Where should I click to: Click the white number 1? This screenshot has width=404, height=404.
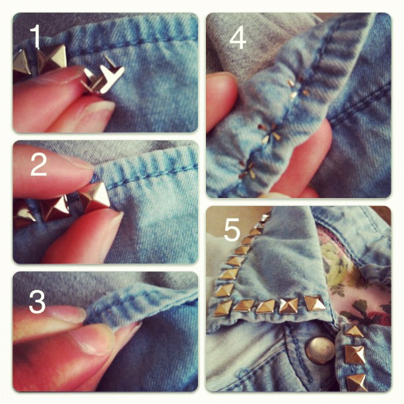point(35,38)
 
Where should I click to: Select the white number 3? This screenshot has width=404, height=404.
point(37,301)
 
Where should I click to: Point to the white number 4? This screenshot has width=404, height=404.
point(238,38)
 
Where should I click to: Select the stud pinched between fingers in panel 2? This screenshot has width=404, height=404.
point(94,197)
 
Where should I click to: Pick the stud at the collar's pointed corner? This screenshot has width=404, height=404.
point(223,307)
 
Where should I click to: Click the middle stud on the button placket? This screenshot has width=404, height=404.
point(355,354)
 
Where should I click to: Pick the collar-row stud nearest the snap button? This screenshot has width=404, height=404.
point(315,303)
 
